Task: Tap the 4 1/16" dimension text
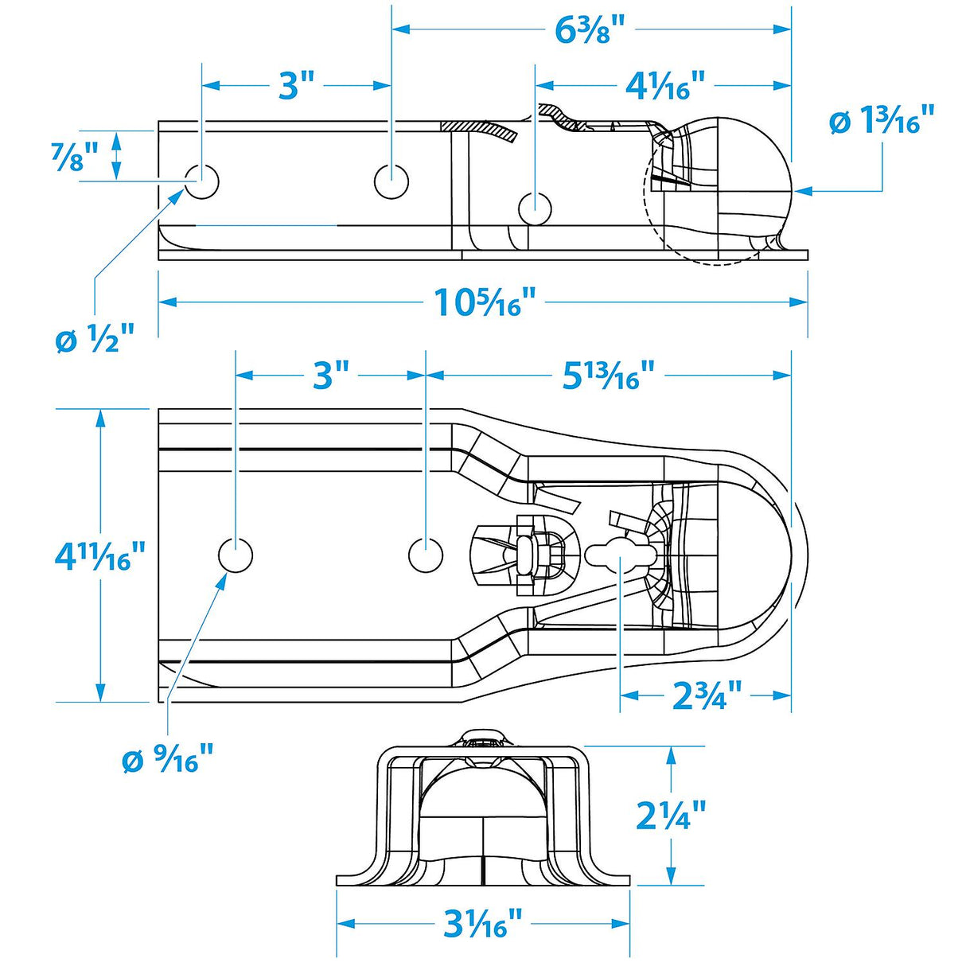(x=665, y=85)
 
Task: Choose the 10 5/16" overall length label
(x=484, y=302)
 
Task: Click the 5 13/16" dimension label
(x=609, y=375)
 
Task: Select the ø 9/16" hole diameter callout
(x=168, y=759)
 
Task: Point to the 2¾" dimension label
(x=707, y=695)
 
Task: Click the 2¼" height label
(x=672, y=815)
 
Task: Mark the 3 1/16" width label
(x=483, y=924)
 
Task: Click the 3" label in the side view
(x=296, y=85)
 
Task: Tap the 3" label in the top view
(x=331, y=375)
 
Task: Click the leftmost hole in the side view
(x=202, y=182)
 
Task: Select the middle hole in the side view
(x=391, y=181)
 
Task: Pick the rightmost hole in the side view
(x=535, y=208)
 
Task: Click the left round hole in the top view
(x=236, y=555)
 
